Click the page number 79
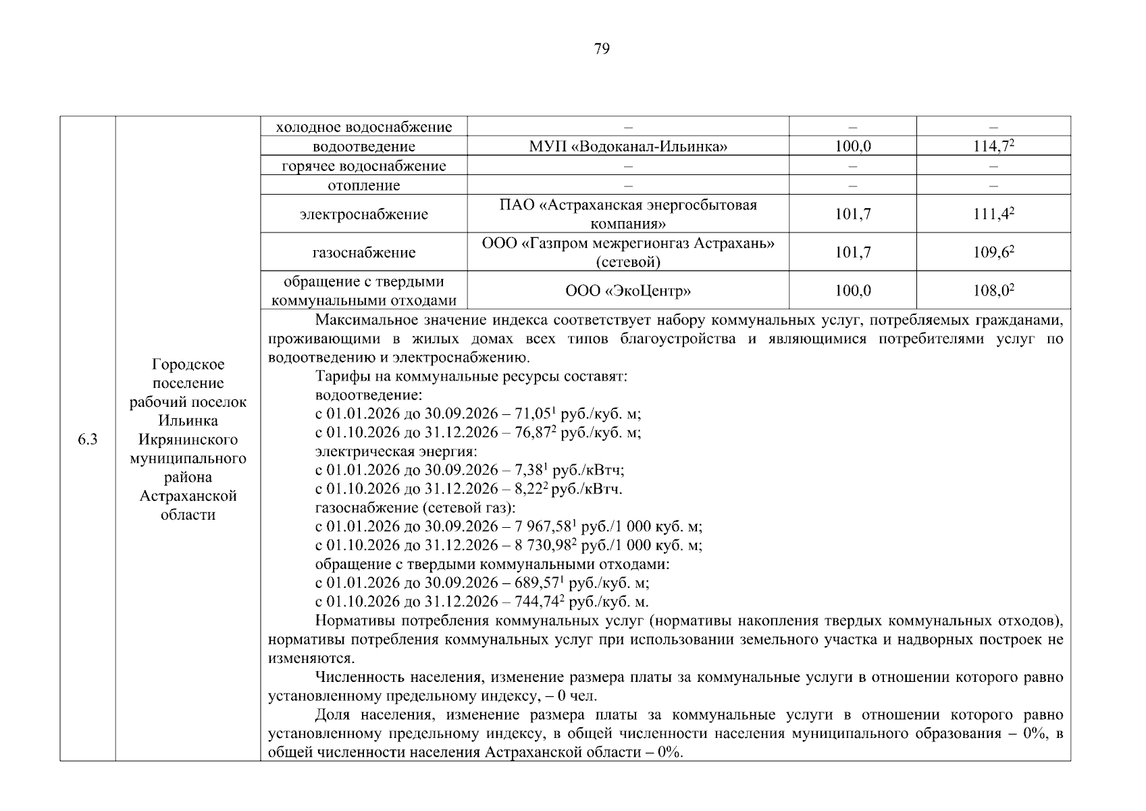coord(601,49)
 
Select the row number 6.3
coord(87,440)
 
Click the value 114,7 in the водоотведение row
coord(993,147)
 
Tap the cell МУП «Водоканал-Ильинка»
coord(627,147)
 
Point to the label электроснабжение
coord(363,215)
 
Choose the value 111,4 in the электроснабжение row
coord(993,215)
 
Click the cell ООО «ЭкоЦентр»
coord(627,291)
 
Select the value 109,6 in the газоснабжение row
coord(993,253)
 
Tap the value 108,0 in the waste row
coord(993,291)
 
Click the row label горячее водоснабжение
coord(363,166)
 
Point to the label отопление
coord(363,185)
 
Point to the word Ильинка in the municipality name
coord(188,421)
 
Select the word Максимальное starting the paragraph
coord(365,320)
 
